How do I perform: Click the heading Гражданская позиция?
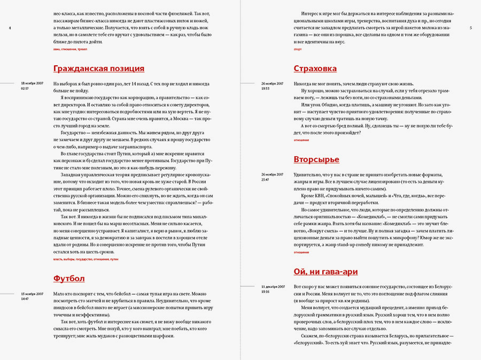click(99, 68)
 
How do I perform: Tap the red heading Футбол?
click(69, 278)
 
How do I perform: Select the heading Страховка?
click(315, 68)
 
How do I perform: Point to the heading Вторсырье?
click(316, 159)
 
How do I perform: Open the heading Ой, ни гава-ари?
click(325, 271)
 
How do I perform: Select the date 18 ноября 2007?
click(32, 83)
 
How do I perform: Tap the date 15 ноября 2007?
click(32, 294)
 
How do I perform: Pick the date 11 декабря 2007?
click(273, 287)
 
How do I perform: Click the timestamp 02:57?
click(25, 88)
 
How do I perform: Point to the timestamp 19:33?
click(265, 88)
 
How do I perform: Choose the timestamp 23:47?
click(265, 179)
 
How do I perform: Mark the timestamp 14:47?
click(25, 298)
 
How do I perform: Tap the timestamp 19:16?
click(265, 292)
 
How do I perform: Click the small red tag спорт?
click(298, 49)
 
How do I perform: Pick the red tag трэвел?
click(82, 49)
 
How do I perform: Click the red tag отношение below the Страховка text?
click(301, 140)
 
